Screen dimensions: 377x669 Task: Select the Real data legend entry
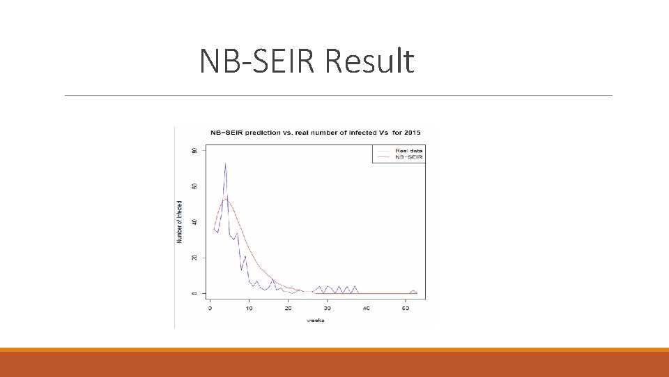click(x=408, y=151)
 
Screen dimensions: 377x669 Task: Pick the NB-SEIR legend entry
click(x=408, y=157)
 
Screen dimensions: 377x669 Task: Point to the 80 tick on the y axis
click(x=195, y=150)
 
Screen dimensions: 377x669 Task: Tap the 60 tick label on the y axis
click(x=195, y=186)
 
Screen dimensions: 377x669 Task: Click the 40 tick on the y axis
click(x=195, y=222)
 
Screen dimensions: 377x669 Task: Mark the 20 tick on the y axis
click(x=195, y=258)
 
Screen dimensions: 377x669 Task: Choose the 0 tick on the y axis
click(x=195, y=293)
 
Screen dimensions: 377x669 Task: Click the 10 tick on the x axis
click(x=249, y=308)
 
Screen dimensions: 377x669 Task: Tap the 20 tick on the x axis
click(x=289, y=308)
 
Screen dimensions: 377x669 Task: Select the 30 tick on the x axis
click(x=328, y=308)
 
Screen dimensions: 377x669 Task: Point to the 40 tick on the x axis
click(x=367, y=308)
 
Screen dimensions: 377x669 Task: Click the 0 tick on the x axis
click(x=210, y=308)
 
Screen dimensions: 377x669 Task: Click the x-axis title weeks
click(x=316, y=320)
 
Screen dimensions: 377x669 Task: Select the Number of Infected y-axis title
click(x=180, y=221)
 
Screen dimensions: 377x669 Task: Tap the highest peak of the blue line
click(x=225, y=164)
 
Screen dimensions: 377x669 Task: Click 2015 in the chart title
click(x=412, y=133)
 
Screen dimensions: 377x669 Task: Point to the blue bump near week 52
click(x=413, y=290)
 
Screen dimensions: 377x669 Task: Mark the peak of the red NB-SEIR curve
click(x=226, y=199)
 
